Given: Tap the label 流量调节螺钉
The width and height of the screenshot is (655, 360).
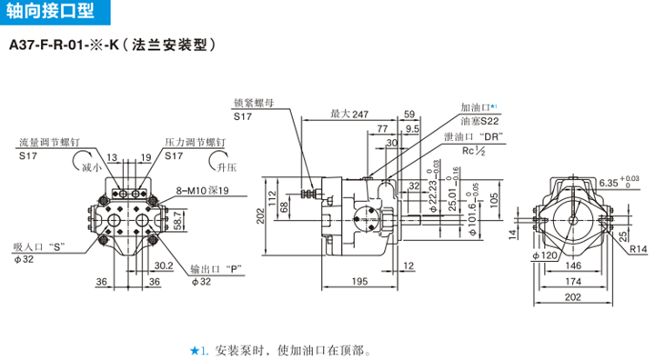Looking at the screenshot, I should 52,143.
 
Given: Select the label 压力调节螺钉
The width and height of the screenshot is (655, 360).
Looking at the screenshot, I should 195,143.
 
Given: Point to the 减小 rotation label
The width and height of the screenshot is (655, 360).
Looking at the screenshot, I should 90,168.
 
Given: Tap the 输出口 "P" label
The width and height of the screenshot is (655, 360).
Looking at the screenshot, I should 219,269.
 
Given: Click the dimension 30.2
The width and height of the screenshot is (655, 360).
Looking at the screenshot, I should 162,266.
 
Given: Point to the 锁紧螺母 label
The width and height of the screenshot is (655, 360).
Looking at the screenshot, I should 253,103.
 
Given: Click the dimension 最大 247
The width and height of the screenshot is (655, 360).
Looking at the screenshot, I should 348,114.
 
